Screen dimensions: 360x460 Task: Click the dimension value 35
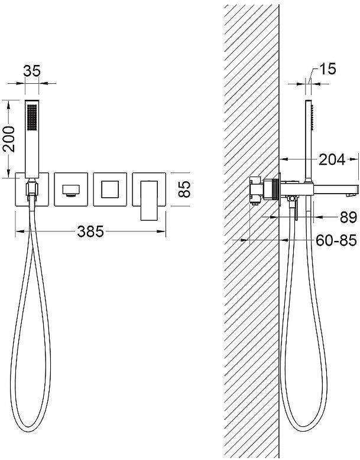click(x=32, y=71)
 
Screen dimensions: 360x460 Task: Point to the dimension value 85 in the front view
click(x=184, y=190)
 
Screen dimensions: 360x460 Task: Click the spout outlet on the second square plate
click(x=71, y=190)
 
